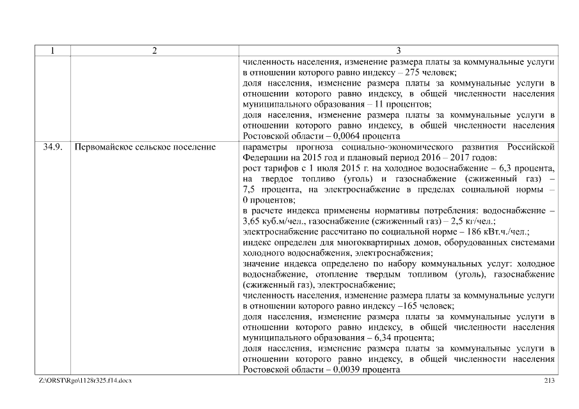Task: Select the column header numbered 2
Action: coord(154,52)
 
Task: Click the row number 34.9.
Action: coord(51,148)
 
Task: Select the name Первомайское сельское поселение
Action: coord(145,148)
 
